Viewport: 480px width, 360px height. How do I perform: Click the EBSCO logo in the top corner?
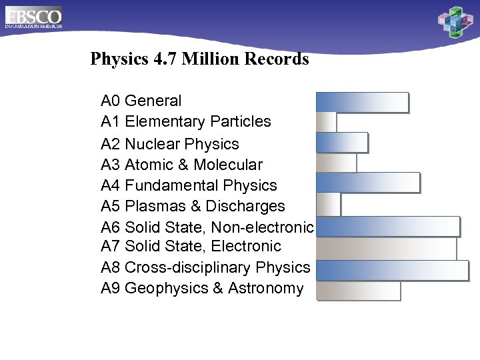pos(33,17)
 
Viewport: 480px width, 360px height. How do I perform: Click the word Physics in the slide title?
pos(119,59)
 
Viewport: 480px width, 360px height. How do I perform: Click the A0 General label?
pos(141,101)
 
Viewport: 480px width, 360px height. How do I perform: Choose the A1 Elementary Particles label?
pos(185,121)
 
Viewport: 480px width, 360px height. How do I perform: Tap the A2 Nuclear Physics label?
pos(169,144)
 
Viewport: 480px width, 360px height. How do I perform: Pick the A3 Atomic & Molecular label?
pos(181,165)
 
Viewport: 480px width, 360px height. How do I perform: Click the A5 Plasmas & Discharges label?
pos(193,206)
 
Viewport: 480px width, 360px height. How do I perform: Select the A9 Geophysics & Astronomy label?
pos(202,289)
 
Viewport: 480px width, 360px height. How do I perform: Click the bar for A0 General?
pos(361,102)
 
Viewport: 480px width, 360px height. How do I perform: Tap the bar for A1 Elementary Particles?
pos(326,122)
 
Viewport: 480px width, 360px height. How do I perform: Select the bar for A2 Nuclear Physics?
pos(341,143)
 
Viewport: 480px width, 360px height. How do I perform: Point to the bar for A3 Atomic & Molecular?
pos(336,163)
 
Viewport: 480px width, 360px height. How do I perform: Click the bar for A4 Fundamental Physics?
pos(367,183)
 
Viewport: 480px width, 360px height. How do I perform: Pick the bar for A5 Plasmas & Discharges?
pos(328,204)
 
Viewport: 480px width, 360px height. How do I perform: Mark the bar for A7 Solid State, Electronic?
pos(386,248)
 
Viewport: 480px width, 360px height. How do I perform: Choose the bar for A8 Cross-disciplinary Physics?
pos(392,270)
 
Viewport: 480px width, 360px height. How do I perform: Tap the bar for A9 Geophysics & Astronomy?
pos(358,291)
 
